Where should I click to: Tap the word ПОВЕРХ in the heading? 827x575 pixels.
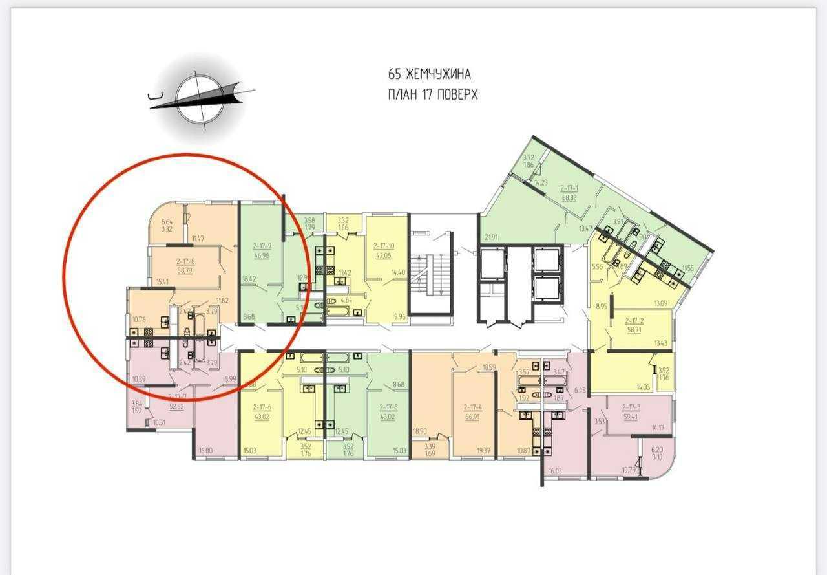pyautogui.click(x=456, y=94)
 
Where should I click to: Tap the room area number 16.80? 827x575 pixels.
pyautogui.click(x=206, y=451)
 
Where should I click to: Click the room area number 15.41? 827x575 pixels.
pyautogui.click(x=163, y=282)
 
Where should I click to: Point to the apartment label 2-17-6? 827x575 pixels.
pyautogui.click(x=262, y=407)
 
